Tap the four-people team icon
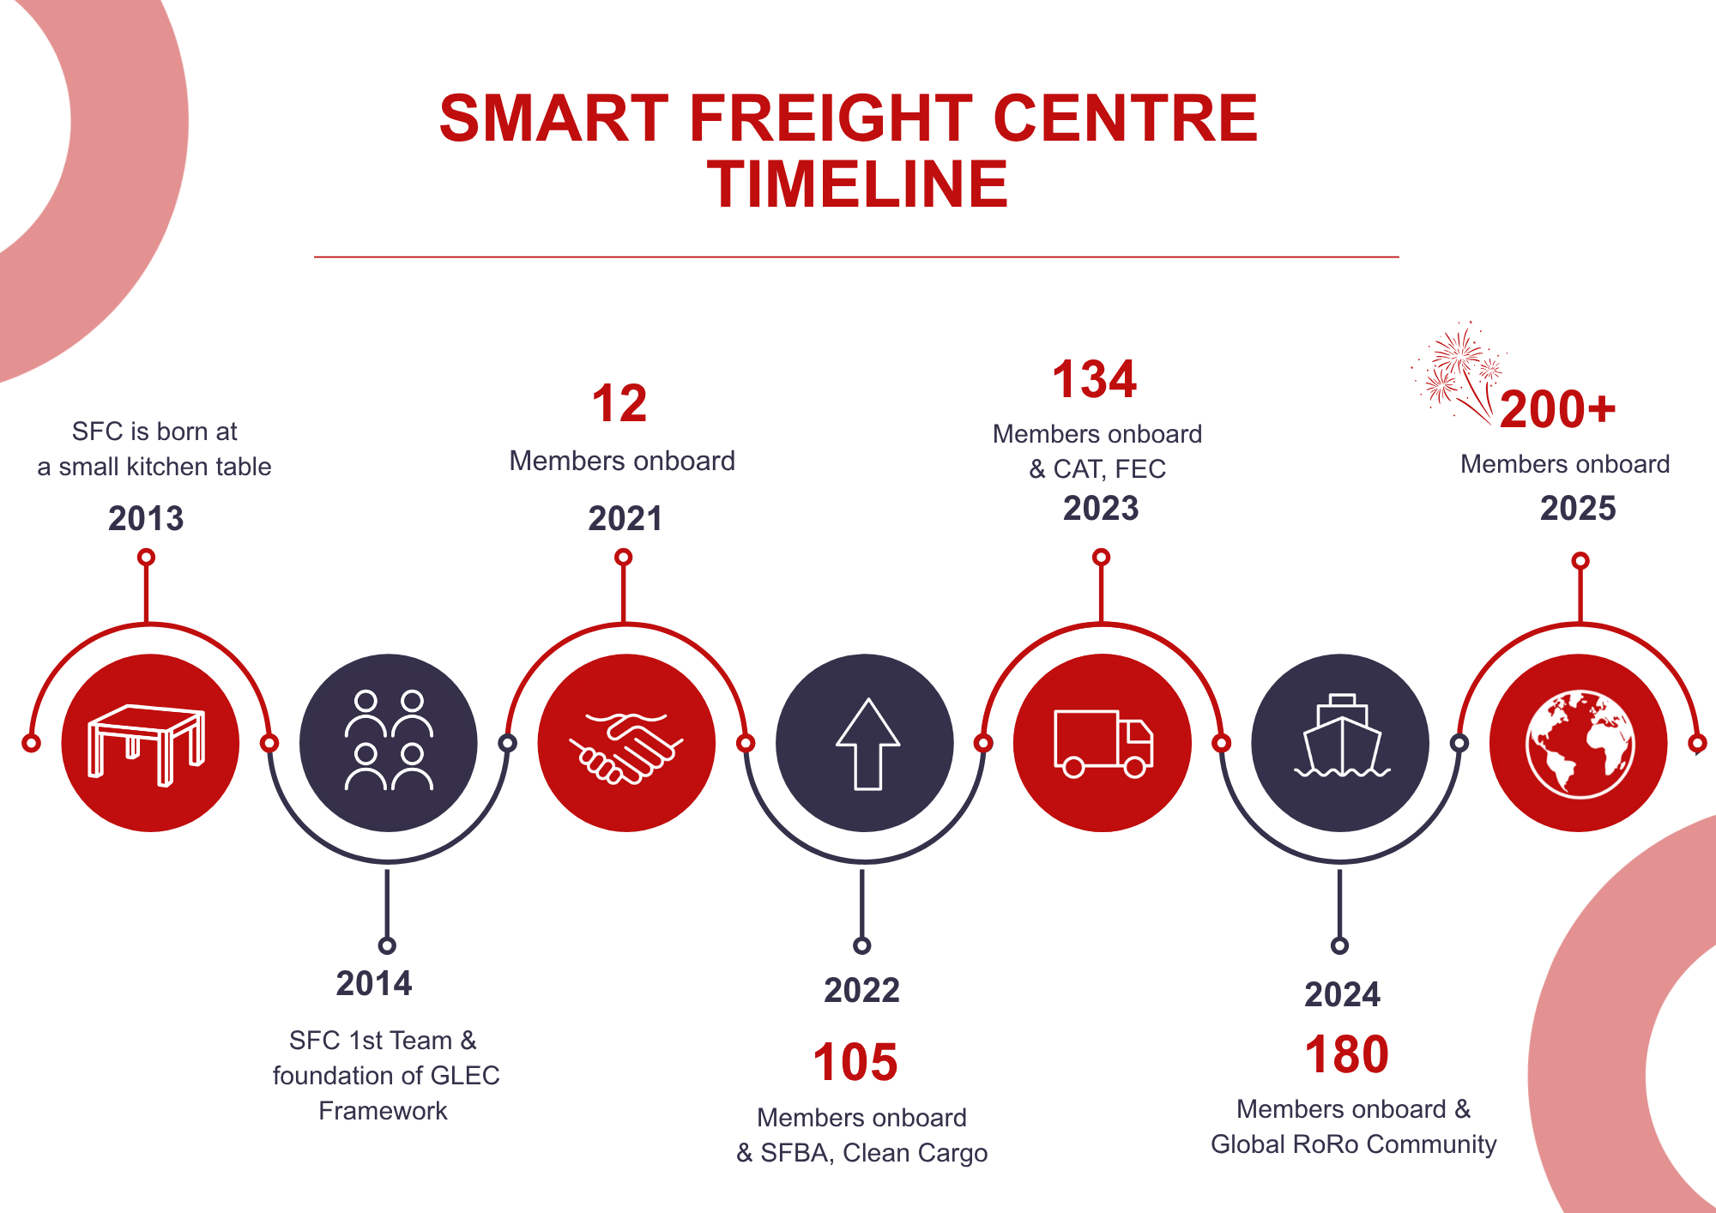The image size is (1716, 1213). click(389, 740)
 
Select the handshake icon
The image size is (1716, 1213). click(626, 746)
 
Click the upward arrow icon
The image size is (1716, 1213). click(867, 744)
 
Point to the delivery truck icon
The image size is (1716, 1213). click(1103, 744)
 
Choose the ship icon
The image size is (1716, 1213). click(1341, 738)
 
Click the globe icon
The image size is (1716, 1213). click(1580, 744)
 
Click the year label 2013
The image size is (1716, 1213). click(146, 519)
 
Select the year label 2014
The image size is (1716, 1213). click(374, 984)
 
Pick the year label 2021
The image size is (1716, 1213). click(625, 519)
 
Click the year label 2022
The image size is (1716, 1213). click(862, 991)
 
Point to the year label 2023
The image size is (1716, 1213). click(1101, 509)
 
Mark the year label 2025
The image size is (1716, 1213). click(1578, 509)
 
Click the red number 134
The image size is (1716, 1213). click(1095, 379)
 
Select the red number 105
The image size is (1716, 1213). click(855, 1062)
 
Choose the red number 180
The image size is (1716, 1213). click(1346, 1054)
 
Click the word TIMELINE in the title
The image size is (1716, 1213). click(857, 184)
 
